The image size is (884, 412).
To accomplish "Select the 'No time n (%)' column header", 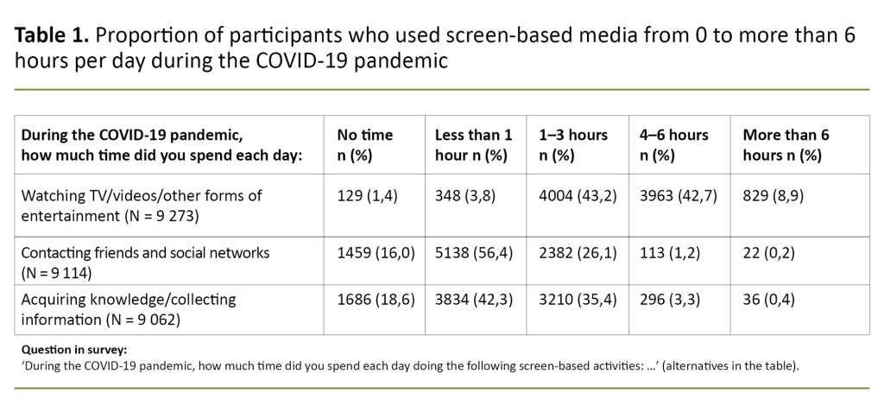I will pos(364,145).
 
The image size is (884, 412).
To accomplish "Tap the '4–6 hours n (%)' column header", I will pos(673,145).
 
